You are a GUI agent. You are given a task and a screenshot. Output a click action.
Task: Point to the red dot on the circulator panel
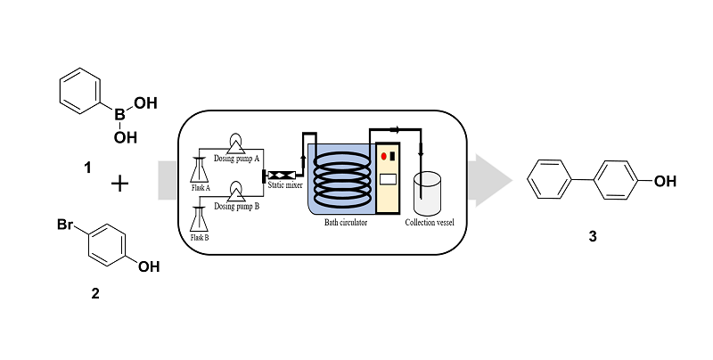click(x=383, y=157)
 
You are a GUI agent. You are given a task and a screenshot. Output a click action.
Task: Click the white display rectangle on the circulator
click(x=388, y=179)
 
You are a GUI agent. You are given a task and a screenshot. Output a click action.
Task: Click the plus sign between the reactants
click(x=119, y=185)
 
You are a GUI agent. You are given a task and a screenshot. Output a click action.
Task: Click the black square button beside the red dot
click(x=392, y=157)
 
